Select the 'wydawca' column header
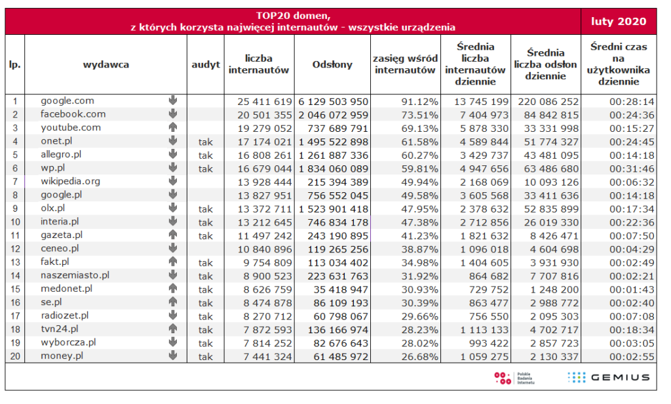[x=105, y=64]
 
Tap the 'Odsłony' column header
[x=332, y=64]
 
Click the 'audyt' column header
[x=205, y=64]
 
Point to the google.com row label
[x=67, y=101]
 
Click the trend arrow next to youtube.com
[x=173, y=127]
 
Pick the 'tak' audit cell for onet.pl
[x=205, y=141]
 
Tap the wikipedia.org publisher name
[x=70, y=181]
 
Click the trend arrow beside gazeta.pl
[x=173, y=235]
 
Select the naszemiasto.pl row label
[x=75, y=275]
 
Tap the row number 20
[x=14, y=356]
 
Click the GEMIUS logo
[x=609, y=377]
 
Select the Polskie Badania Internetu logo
[x=515, y=377]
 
